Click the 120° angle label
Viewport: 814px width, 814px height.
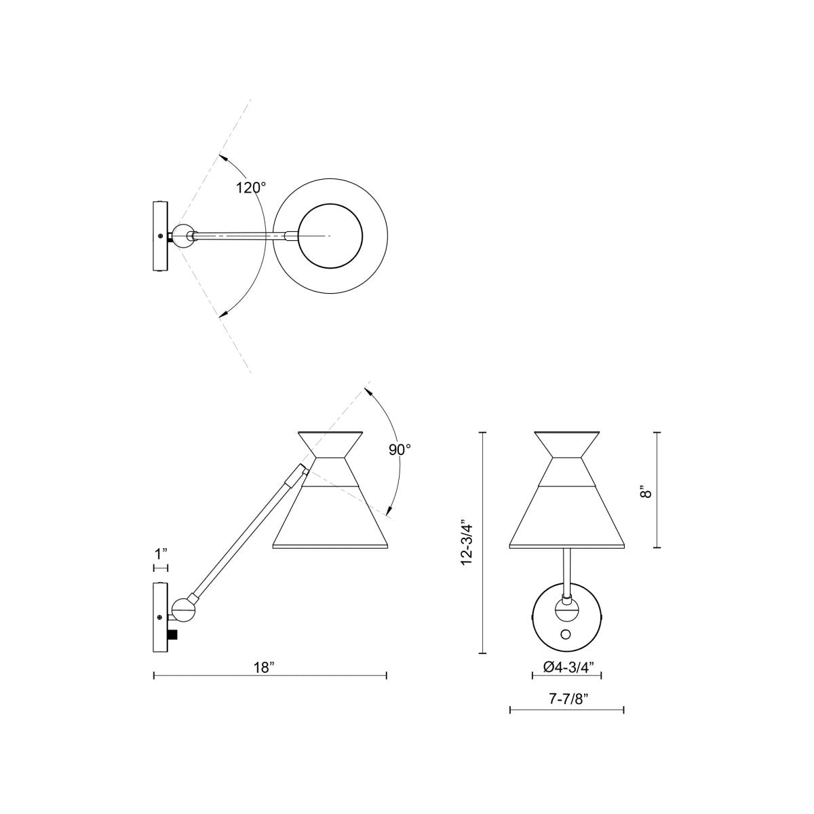point(251,188)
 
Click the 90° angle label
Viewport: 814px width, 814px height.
point(400,449)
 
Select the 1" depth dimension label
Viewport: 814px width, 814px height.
point(161,554)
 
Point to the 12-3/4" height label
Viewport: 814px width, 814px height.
point(466,543)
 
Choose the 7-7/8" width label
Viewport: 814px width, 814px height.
point(567,701)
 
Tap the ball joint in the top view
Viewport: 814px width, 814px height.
point(182,235)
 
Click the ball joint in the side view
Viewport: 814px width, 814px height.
point(184,609)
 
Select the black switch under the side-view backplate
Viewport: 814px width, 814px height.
point(173,634)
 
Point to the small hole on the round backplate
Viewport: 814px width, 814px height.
point(566,634)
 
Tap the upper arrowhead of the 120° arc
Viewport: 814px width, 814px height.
point(222,157)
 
